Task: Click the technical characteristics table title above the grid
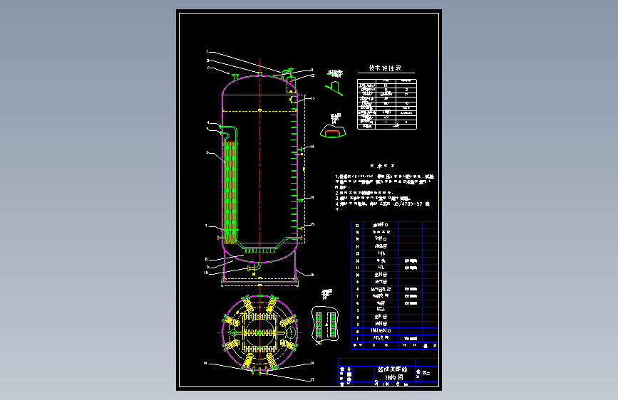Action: (385, 68)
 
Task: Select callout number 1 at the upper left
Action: (207, 52)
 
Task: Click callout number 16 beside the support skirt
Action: (311, 274)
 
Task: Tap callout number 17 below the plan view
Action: (312, 379)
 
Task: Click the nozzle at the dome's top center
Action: (261, 73)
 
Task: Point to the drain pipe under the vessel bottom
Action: (250, 268)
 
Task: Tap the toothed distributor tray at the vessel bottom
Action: (258, 248)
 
